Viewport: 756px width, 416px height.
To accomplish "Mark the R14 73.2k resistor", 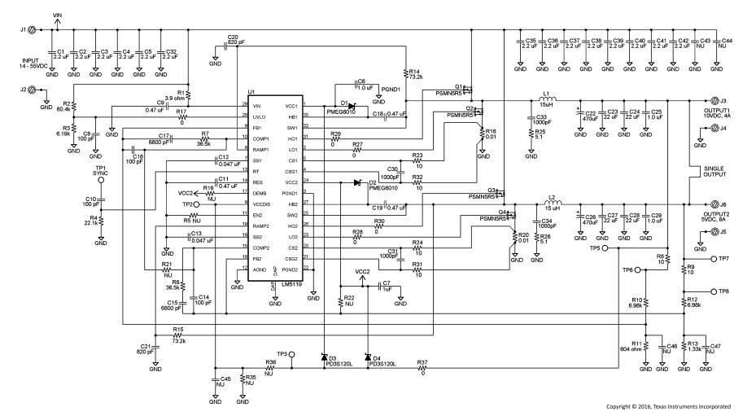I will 404,73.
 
